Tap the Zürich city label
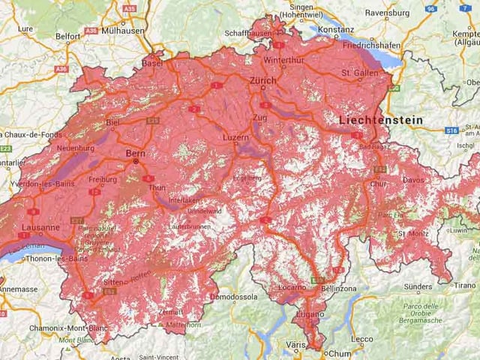(263, 80)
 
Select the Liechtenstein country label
(380, 120)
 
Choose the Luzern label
(236, 138)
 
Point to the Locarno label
(292, 287)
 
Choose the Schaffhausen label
(248, 34)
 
